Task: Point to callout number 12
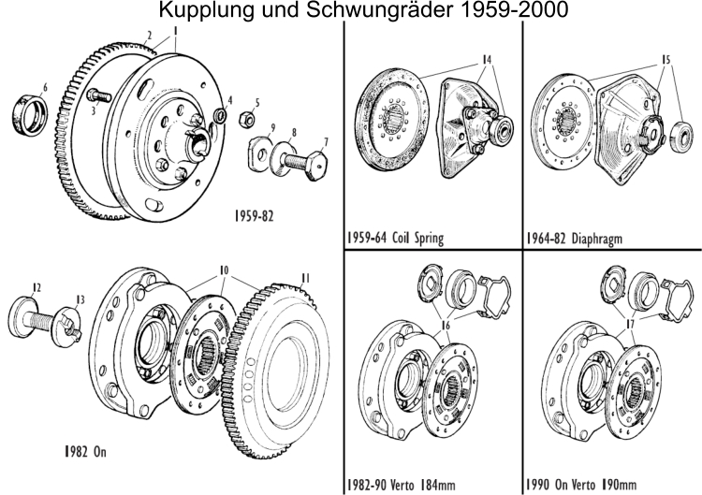point(37,287)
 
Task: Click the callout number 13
point(80,299)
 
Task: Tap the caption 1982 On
point(81,450)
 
